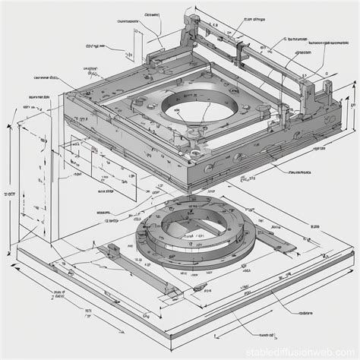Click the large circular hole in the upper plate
(x=188, y=114)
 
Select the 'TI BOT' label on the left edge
(x=11, y=194)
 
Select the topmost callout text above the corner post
(x=150, y=14)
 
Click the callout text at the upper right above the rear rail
(x=254, y=19)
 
